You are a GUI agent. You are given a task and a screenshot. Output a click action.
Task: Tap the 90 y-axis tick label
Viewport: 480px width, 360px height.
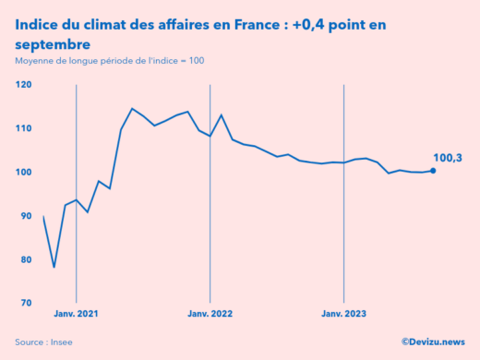(25, 215)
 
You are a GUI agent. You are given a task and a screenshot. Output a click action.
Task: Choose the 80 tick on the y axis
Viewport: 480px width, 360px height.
(25, 259)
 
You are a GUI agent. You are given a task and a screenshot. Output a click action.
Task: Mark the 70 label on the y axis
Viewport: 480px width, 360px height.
(25, 303)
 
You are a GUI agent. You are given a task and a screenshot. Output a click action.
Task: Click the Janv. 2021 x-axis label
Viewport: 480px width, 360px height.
(76, 315)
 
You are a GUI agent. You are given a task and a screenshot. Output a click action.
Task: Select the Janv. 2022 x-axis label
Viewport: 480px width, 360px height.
(210, 315)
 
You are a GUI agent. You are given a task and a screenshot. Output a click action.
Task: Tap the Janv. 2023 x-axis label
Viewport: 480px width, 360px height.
(343, 315)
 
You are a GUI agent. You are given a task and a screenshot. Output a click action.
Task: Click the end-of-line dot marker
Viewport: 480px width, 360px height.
(433, 170)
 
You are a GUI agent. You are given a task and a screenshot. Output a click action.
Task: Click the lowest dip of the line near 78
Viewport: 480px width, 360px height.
(54, 268)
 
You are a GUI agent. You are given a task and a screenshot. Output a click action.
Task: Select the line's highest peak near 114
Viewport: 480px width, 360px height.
(132, 109)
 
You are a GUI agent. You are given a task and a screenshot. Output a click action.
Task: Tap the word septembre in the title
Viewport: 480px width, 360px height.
(52, 43)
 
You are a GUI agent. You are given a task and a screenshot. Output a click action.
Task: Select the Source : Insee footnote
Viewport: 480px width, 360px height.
(43, 342)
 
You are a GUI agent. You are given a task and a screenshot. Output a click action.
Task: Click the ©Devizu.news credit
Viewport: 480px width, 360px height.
(434, 342)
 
